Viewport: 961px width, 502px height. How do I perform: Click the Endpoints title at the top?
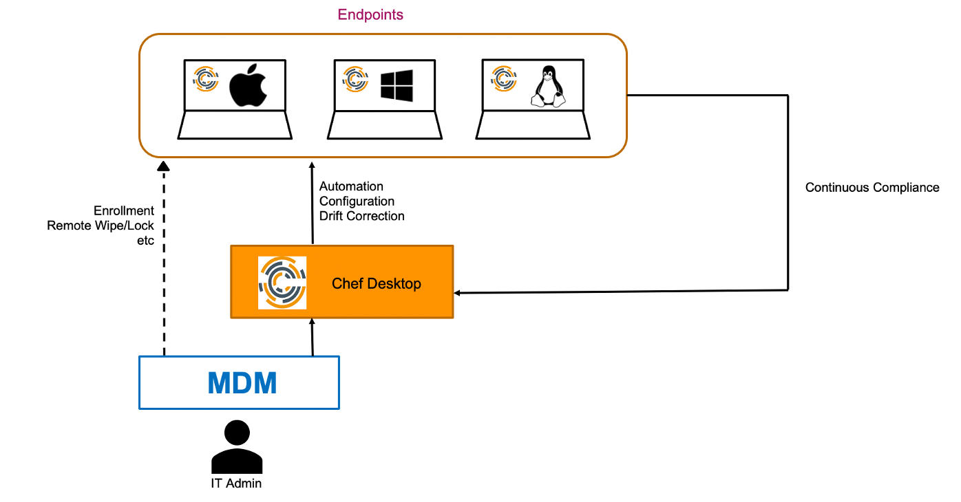tap(370, 14)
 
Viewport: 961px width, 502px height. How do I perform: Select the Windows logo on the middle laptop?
tap(397, 85)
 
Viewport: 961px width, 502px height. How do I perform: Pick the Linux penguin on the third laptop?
tap(547, 87)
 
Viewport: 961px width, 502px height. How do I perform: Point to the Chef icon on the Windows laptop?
tap(355, 78)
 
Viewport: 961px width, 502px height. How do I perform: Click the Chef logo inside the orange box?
tap(282, 282)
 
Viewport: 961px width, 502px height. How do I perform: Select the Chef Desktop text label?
tap(376, 283)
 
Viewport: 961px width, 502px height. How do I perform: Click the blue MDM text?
tap(242, 383)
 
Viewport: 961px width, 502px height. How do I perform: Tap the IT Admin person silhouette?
tap(236, 447)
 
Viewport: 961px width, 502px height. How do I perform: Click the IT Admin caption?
tap(236, 483)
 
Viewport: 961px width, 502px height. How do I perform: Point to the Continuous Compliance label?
tap(872, 187)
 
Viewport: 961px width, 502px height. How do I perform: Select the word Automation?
tap(351, 186)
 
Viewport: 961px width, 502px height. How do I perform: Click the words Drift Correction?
tap(361, 216)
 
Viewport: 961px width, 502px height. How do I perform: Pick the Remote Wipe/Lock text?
tap(101, 226)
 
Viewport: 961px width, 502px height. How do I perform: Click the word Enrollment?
tap(124, 210)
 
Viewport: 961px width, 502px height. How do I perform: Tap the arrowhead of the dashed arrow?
tap(163, 165)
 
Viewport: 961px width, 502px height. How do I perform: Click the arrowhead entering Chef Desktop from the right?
tap(458, 293)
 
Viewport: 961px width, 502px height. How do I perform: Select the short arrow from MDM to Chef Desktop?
tap(313, 337)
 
